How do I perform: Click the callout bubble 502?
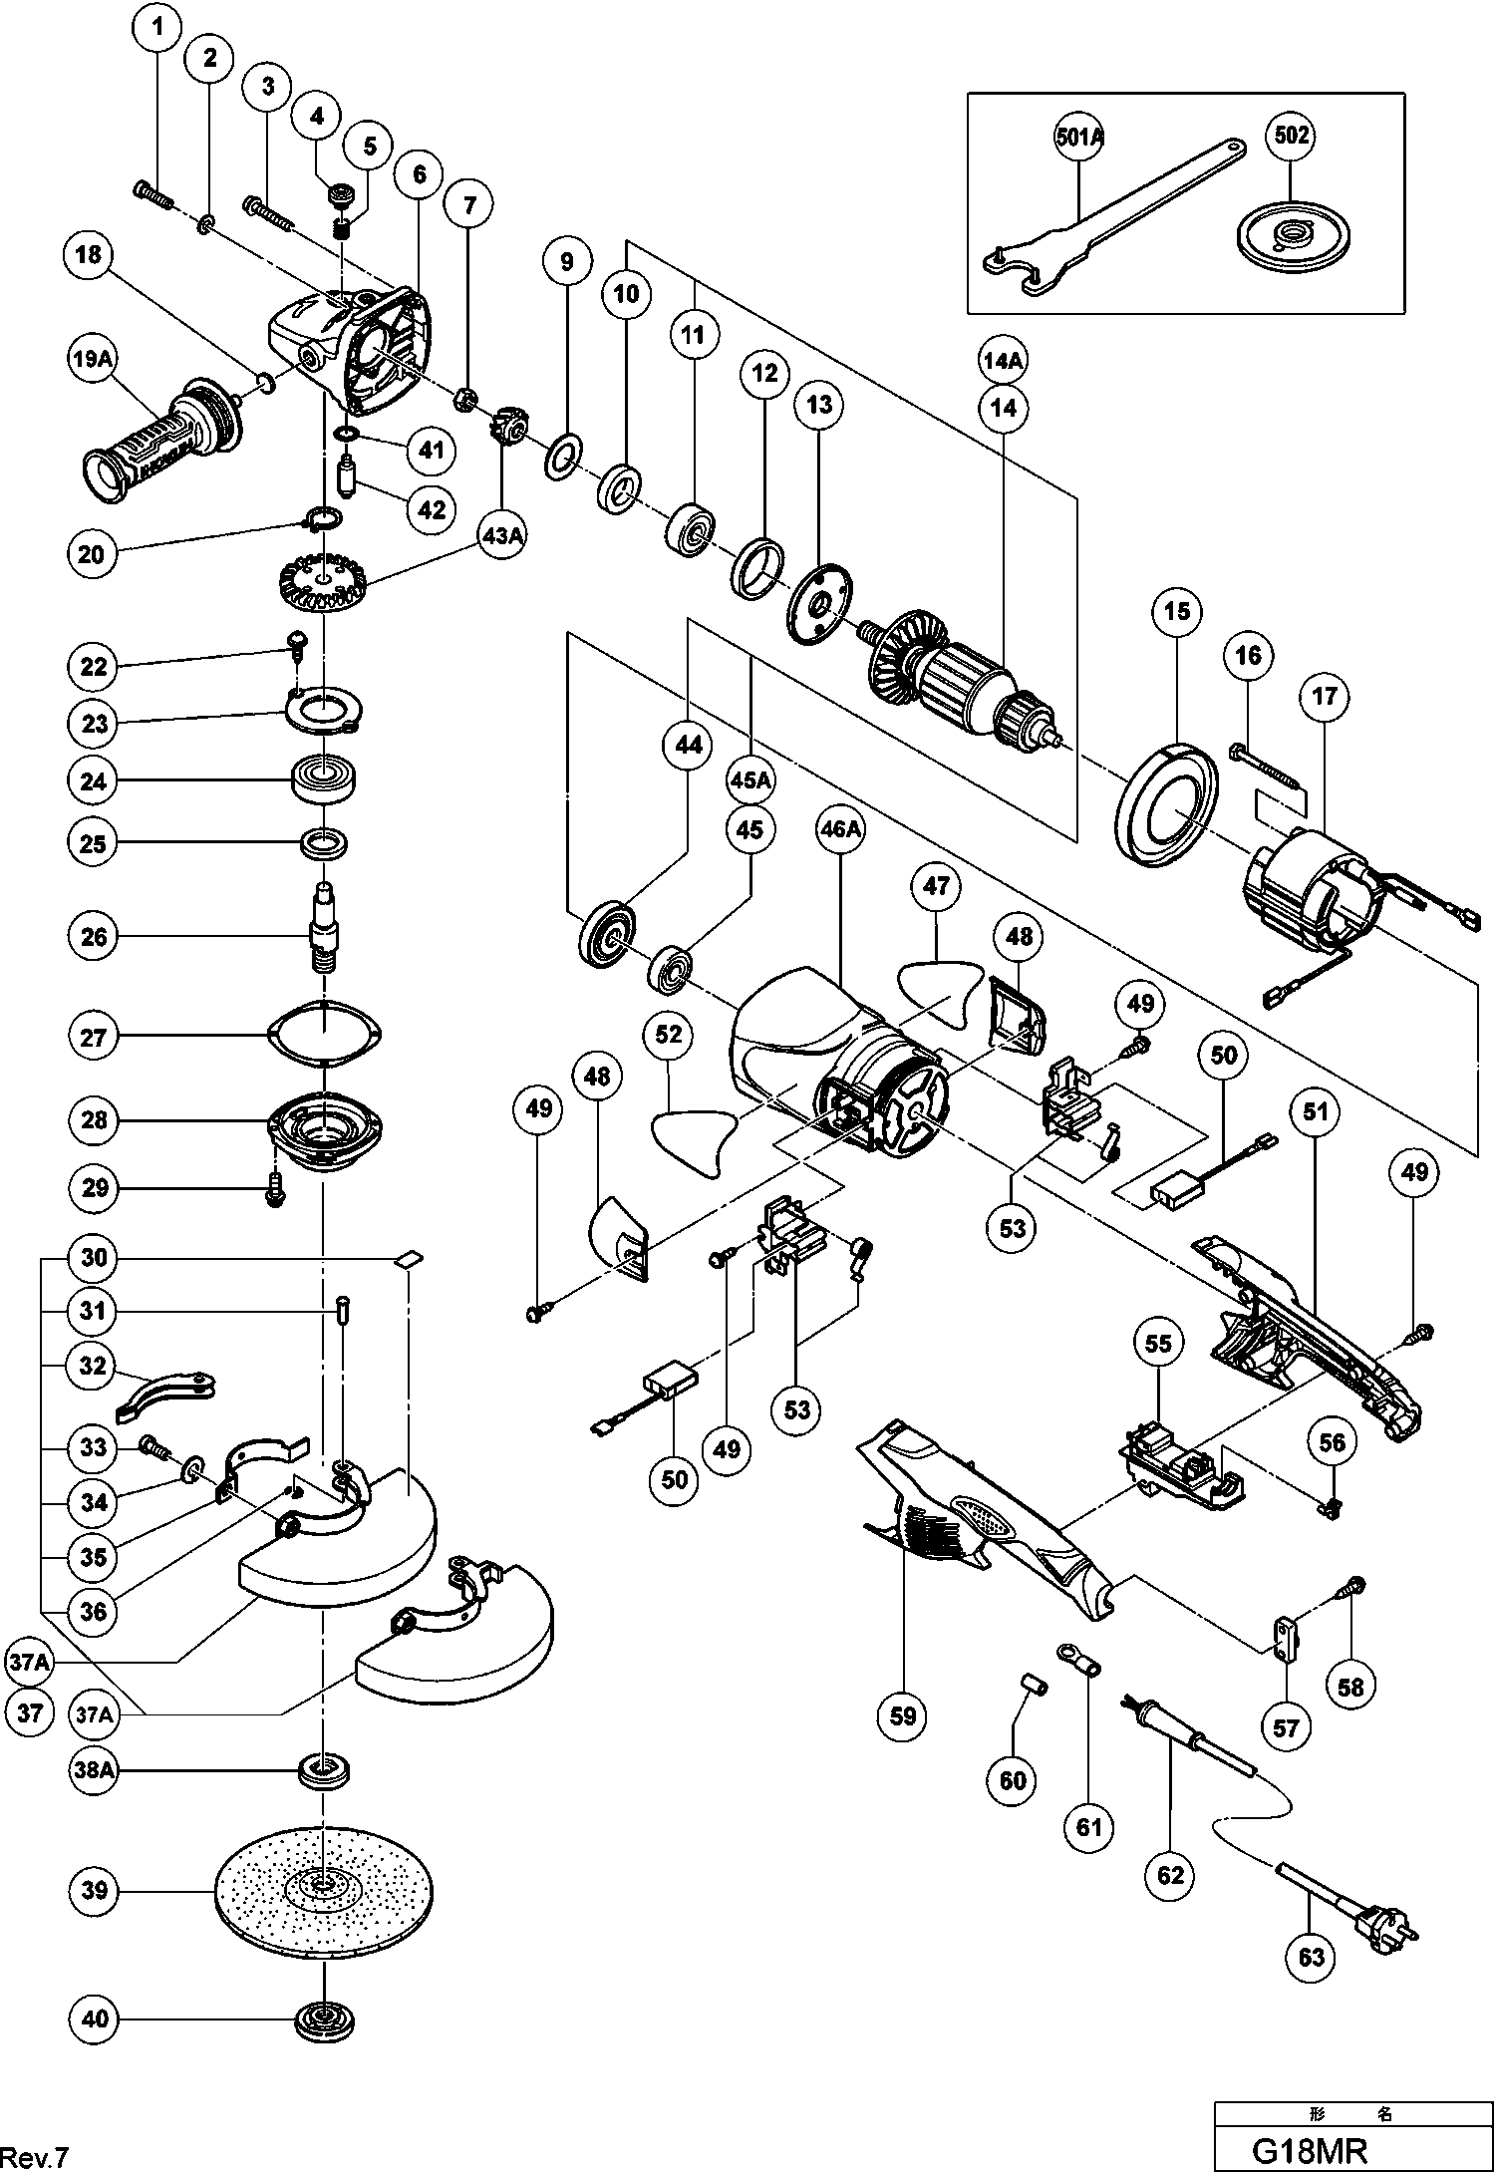click(1292, 135)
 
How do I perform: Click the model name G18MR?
click(1309, 2149)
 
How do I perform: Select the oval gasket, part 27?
click(324, 1036)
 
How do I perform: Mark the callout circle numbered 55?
click(1157, 1344)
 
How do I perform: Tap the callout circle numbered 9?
click(567, 262)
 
